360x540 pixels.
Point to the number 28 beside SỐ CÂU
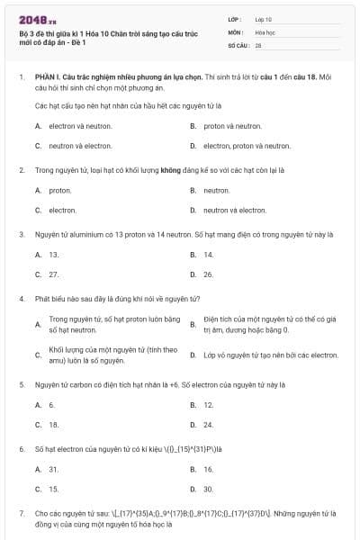click(258, 44)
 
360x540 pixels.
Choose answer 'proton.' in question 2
click(59, 191)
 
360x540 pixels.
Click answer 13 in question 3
click(53, 255)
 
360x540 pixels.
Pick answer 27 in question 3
click(53, 274)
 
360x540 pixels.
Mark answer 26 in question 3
click(208, 274)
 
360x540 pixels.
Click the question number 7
click(21, 512)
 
